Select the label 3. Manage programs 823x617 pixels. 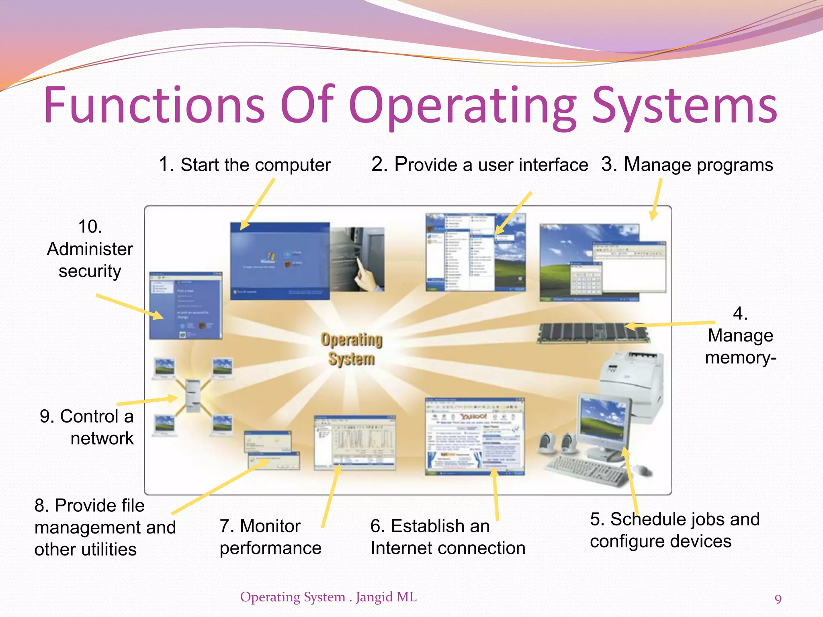[687, 165]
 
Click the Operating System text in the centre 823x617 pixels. [351, 349]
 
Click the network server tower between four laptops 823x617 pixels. [193, 396]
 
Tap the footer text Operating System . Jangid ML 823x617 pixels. [328, 597]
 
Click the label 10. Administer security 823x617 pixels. [90, 249]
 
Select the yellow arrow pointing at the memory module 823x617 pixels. [675, 324]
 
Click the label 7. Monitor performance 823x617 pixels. [270, 537]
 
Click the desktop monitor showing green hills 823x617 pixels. [603, 422]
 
